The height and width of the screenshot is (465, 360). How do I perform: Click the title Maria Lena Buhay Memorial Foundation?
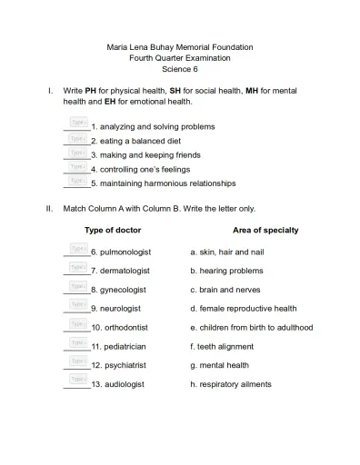pos(179,47)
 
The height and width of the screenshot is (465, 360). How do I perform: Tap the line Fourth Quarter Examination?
pos(179,58)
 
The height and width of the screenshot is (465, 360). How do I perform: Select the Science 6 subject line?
pos(179,69)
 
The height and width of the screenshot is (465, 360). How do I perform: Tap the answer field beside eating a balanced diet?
pos(78,139)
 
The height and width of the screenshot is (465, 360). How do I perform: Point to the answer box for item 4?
pos(78,167)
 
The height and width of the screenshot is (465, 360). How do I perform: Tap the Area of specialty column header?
pos(265,231)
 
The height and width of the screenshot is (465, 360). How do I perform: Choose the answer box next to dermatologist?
pos(78,268)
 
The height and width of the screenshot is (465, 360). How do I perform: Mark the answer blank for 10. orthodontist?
pos(78,325)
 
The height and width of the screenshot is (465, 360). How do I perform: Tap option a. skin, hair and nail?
pos(226,252)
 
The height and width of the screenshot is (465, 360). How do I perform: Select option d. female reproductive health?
pos(243,309)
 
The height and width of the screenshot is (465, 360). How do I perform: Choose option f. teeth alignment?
pos(221,347)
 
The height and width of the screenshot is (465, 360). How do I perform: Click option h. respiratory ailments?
pos(230,385)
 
